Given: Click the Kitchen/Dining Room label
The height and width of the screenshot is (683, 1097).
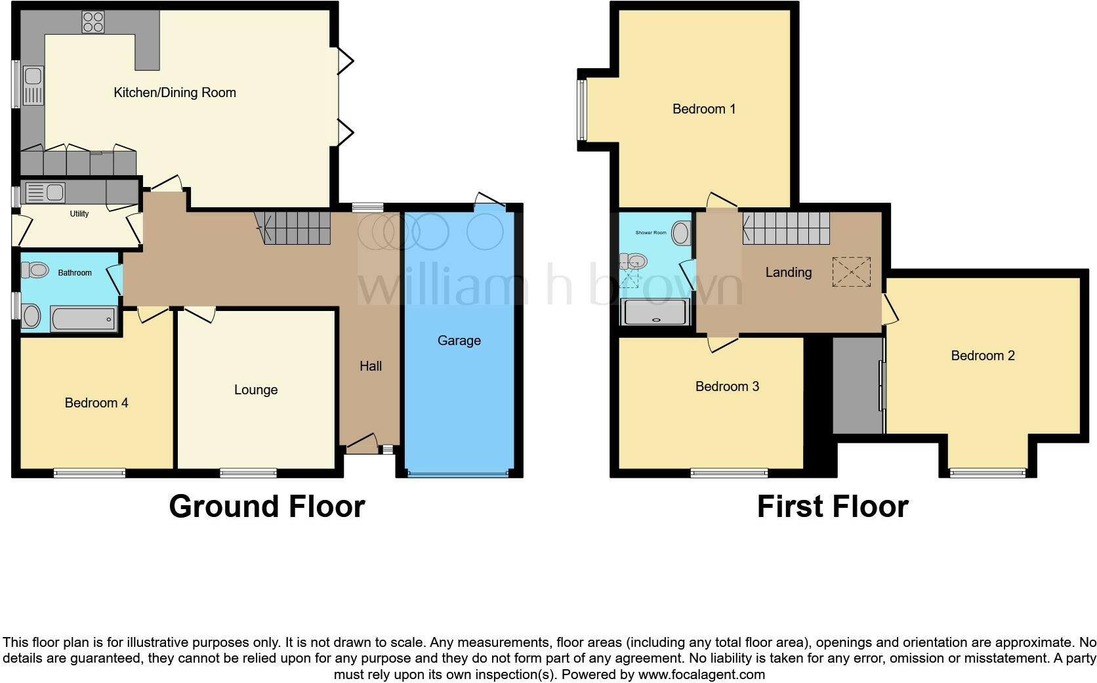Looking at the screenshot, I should coord(175,93).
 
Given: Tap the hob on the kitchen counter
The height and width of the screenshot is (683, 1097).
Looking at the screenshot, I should coord(93,22).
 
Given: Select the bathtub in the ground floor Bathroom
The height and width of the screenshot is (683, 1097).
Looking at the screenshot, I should coord(83,319).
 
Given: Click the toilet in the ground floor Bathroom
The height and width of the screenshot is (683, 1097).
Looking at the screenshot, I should coord(35,270).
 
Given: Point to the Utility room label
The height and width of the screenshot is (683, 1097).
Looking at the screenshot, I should coord(79,214).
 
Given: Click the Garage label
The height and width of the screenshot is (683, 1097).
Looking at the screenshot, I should coord(459,341).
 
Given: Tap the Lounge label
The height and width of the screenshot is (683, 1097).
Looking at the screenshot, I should coord(256,390).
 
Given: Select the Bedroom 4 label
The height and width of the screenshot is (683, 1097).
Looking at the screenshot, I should coord(96,403).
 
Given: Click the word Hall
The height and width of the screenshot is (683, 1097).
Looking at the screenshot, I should coord(371,366).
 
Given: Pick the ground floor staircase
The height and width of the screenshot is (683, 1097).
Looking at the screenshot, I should coord(296,228).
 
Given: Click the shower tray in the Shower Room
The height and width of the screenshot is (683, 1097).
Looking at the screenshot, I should coord(655,312).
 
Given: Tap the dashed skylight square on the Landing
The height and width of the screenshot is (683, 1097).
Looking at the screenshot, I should coord(852,272).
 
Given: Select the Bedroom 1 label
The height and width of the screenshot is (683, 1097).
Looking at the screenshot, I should coord(704,109).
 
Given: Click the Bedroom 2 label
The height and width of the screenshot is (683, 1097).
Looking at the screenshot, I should coord(983,356).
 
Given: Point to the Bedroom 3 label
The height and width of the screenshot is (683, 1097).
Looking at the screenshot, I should coord(727,386).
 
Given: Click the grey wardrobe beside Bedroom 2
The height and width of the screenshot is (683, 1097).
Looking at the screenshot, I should coord(857,385).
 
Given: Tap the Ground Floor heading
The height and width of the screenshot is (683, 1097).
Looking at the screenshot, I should coord(266,507).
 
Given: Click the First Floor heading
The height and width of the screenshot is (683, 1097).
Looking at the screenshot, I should coord(832,507).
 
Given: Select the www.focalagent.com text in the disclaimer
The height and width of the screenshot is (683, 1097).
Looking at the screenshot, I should coord(701,674).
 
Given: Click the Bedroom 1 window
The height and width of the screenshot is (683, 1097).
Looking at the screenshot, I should coord(581,110).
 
